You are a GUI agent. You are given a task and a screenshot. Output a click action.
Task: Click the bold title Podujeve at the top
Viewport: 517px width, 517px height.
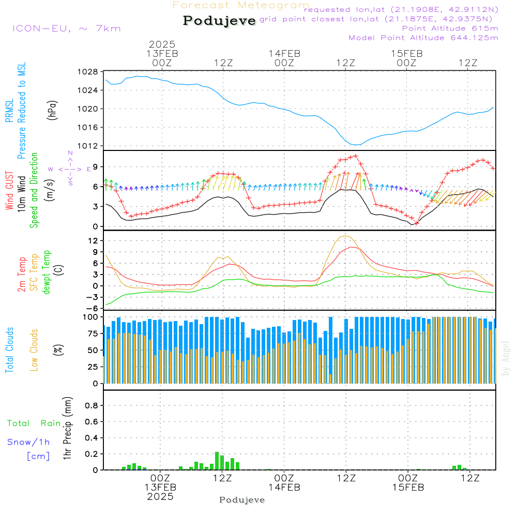click(x=219, y=21)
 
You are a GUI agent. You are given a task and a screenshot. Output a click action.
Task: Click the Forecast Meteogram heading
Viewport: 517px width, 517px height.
click(x=241, y=6)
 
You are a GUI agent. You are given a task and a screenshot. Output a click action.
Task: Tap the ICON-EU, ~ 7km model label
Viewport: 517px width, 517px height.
click(x=66, y=28)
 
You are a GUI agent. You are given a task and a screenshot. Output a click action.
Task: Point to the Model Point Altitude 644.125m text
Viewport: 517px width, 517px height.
click(x=423, y=38)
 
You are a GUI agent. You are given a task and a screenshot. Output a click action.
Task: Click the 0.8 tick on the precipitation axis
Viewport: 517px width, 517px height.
click(x=92, y=405)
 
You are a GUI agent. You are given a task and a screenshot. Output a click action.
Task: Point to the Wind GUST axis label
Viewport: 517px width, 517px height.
click(x=10, y=191)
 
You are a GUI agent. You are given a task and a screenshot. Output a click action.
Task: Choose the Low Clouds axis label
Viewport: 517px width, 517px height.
click(x=34, y=349)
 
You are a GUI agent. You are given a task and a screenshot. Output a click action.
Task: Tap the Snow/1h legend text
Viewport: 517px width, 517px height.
click(x=29, y=442)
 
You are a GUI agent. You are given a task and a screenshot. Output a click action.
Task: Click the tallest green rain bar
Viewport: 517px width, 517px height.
click(x=217, y=461)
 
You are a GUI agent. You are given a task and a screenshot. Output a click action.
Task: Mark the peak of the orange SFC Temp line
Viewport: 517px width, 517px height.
click(x=345, y=236)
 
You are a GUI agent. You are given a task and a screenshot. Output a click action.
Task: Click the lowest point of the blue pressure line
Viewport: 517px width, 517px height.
click(x=355, y=145)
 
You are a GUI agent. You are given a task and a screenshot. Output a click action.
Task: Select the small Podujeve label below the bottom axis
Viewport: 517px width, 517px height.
click(x=242, y=500)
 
